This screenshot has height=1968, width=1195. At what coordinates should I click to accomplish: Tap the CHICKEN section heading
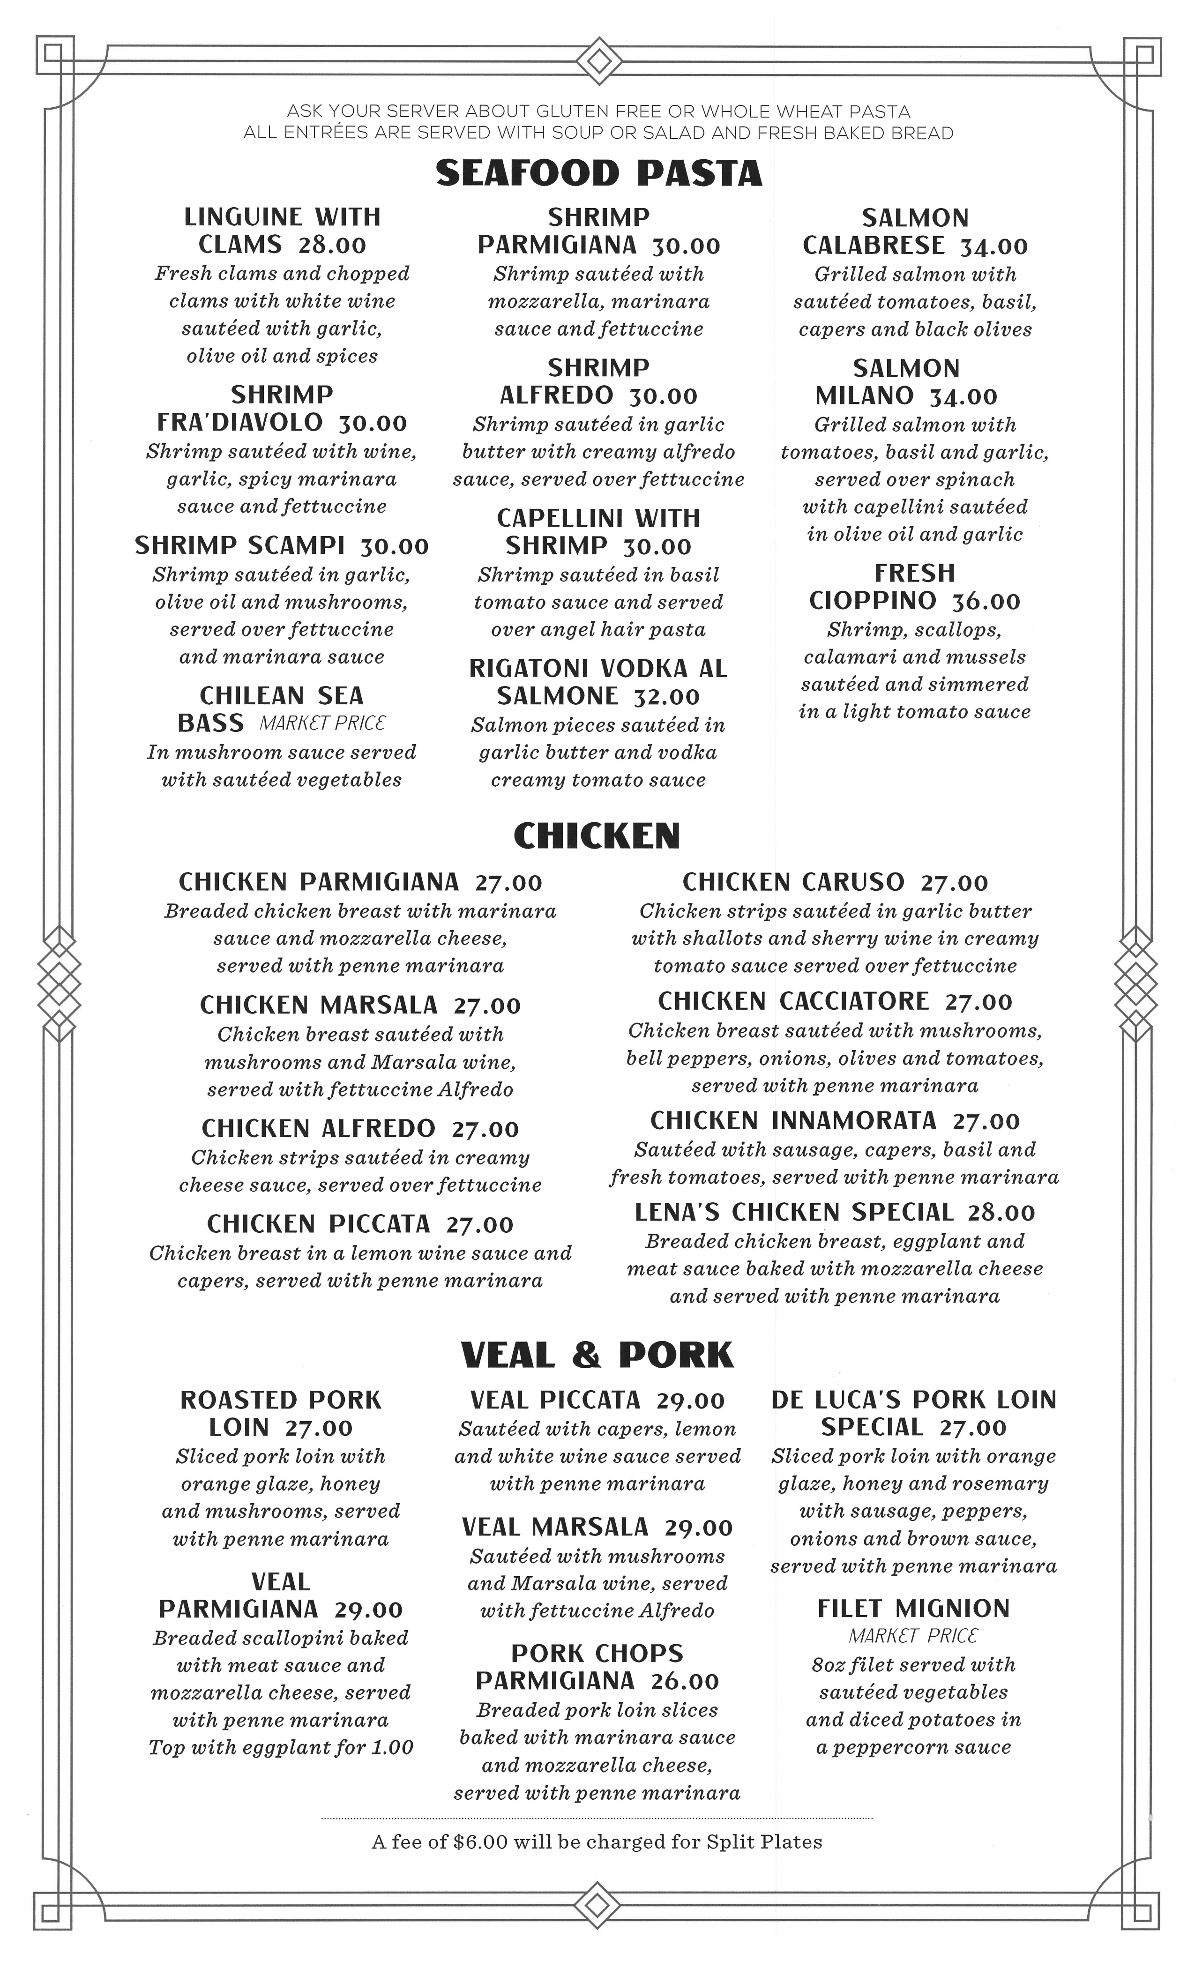pyautogui.click(x=597, y=836)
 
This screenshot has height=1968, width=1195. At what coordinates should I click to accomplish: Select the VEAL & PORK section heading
pyautogui.click(x=597, y=1356)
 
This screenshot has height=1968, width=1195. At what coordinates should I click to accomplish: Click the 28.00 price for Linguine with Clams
pyautogui.click(x=332, y=245)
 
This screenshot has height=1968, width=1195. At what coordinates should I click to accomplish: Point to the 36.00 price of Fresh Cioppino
pyautogui.click(x=986, y=602)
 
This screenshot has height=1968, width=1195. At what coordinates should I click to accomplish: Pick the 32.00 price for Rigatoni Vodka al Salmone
pyautogui.click(x=666, y=696)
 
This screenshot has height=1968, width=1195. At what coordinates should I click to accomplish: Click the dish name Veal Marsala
pyautogui.click(x=555, y=1527)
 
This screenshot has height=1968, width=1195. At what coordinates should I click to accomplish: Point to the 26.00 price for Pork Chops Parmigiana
pyautogui.click(x=685, y=1681)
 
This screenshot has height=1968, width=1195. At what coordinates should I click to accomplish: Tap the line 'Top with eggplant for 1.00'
pyautogui.click(x=280, y=1748)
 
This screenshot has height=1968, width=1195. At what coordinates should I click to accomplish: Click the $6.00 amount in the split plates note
pyautogui.click(x=479, y=1842)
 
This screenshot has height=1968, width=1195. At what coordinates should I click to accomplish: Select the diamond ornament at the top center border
pyautogui.click(x=599, y=61)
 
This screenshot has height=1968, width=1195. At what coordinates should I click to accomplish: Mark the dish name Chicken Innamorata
pyautogui.click(x=793, y=1121)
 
